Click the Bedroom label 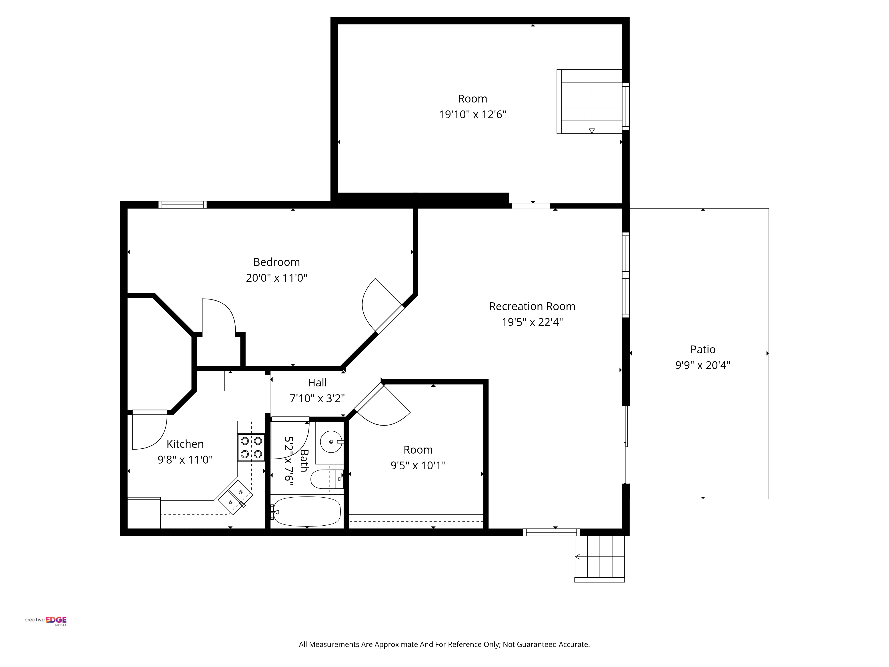click(276, 262)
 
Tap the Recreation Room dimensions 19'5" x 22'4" click(532, 322)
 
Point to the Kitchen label click(185, 444)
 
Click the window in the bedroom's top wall click(182, 205)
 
